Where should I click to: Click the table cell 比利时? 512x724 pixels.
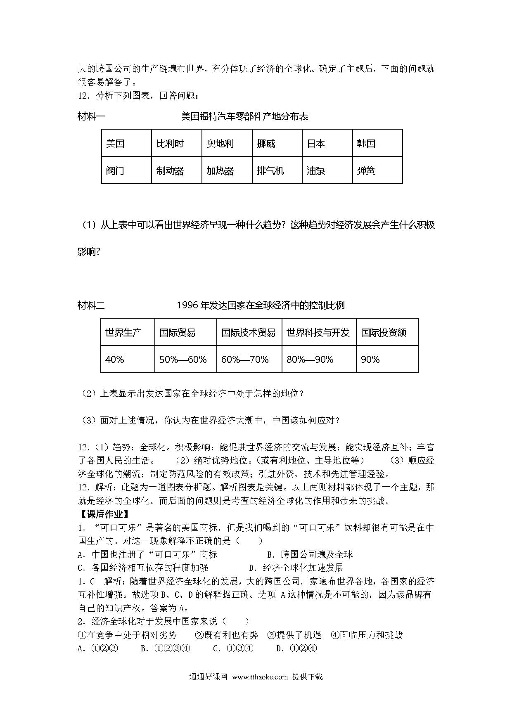(176, 143)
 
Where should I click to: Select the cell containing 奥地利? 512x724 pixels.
(227, 143)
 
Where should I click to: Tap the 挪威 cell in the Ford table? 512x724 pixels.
(277, 143)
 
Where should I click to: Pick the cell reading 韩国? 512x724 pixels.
(377, 143)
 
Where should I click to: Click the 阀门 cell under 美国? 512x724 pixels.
(126, 170)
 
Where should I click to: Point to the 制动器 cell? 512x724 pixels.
(176, 170)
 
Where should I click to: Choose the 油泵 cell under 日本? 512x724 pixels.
(327, 170)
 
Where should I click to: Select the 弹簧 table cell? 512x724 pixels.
(377, 170)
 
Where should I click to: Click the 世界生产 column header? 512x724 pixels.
(128, 332)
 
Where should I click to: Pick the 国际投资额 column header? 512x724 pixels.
(387, 332)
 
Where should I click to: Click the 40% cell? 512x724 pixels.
(128, 359)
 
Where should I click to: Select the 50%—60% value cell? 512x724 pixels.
(185, 359)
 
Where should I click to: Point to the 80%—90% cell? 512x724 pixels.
(319, 359)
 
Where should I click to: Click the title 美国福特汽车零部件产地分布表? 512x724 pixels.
(244, 116)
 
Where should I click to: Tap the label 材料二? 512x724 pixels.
(91, 305)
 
